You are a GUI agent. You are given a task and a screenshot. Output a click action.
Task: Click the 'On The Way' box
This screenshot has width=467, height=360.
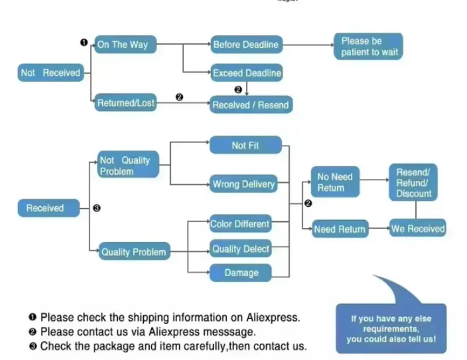pos(125,44)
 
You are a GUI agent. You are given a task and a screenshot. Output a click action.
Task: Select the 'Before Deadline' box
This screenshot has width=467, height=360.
pos(246,45)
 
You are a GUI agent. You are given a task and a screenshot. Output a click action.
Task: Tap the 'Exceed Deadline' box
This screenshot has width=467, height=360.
pos(246,73)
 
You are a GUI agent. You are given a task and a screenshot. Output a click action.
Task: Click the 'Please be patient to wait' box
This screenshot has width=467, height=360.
pos(369,47)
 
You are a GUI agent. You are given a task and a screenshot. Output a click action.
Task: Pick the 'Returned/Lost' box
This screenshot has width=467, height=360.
pos(125,103)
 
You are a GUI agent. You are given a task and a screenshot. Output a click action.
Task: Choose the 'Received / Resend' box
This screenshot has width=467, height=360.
pos(251,105)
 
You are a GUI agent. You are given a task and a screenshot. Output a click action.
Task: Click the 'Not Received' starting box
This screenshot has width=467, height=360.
pos(50,73)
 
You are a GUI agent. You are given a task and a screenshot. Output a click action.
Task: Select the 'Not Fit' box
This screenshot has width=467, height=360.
pos(245,146)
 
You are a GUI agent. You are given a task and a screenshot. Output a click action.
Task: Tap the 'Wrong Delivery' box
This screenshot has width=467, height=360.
pos(244,184)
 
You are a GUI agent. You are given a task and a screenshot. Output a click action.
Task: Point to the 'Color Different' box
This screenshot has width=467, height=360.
pos(241,224)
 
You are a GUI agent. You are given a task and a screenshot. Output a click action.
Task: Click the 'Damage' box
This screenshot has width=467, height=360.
pos(241,273)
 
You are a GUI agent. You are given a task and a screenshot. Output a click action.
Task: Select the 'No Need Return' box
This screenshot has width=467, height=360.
pos(335,182)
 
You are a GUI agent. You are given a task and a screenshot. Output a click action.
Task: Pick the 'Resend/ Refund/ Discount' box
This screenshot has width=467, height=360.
pos(413,182)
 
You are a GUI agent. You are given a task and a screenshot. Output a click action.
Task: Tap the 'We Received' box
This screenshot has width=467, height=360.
pos(418,228)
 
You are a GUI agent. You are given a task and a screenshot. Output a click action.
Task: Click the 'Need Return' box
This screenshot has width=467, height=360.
pos(340,229)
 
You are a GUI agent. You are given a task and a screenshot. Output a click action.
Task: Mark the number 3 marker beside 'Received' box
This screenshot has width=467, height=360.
pos(97,208)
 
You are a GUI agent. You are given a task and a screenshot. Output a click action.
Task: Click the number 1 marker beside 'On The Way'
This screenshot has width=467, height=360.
pos(84,43)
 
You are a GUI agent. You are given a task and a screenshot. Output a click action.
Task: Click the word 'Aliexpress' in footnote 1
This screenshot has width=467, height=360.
pos(273,317)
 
